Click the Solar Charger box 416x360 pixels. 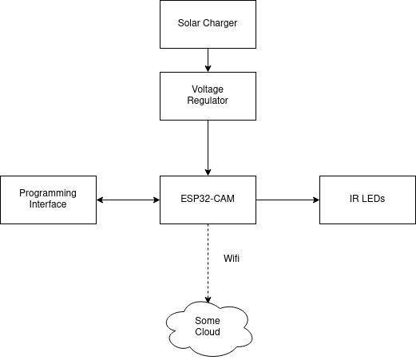pyautogui.click(x=208, y=24)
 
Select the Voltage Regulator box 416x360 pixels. pyautogui.click(x=208, y=96)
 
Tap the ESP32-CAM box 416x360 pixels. pyautogui.click(x=208, y=200)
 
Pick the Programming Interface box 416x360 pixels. pyautogui.click(x=48, y=200)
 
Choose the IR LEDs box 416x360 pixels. pyautogui.click(x=367, y=200)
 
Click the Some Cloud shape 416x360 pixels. pyautogui.click(x=209, y=329)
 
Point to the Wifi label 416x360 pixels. pyautogui.click(x=232, y=259)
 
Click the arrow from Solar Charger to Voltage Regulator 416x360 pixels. pyautogui.click(x=208, y=60)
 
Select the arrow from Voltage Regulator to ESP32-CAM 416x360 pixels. pyautogui.click(x=208, y=148)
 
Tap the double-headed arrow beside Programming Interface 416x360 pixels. pyautogui.click(x=128, y=200)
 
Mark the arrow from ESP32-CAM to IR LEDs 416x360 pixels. pyautogui.click(x=287, y=200)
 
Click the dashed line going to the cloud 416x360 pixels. pyautogui.click(x=208, y=263)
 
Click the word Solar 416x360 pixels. pyautogui.click(x=188, y=23)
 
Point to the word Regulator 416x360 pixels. pyautogui.click(x=208, y=101)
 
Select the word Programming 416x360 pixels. pyautogui.click(x=48, y=193)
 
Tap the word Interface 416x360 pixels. pyautogui.click(x=48, y=204)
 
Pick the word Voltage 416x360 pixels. pyautogui.click(x=208, y=89)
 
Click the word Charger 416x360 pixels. pyautogui.click(x=220, y=23)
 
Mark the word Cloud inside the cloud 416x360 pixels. pyautogui.click(x=208, y=332)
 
